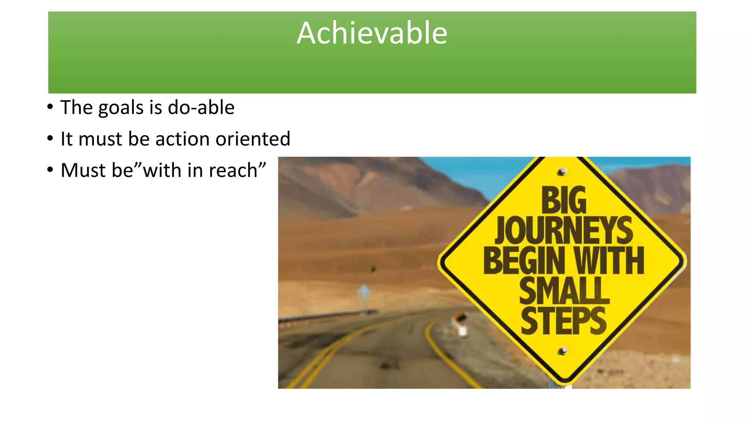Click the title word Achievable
pyautogui.click(x=372, y=33)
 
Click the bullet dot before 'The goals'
pyautogui.click(x=50, y=107)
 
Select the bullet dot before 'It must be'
pyautogui.click(x=50, y=139)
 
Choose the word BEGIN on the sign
pyautogui.click(x=524, y=260)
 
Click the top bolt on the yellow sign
pyautogui.click(x=562, y=171)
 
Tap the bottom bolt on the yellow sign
pyautogui.click(x=563, y=351)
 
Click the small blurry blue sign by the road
pyautogui.click(x=363, y=292)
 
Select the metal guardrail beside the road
pyautogui.click(x=326, y=316)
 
